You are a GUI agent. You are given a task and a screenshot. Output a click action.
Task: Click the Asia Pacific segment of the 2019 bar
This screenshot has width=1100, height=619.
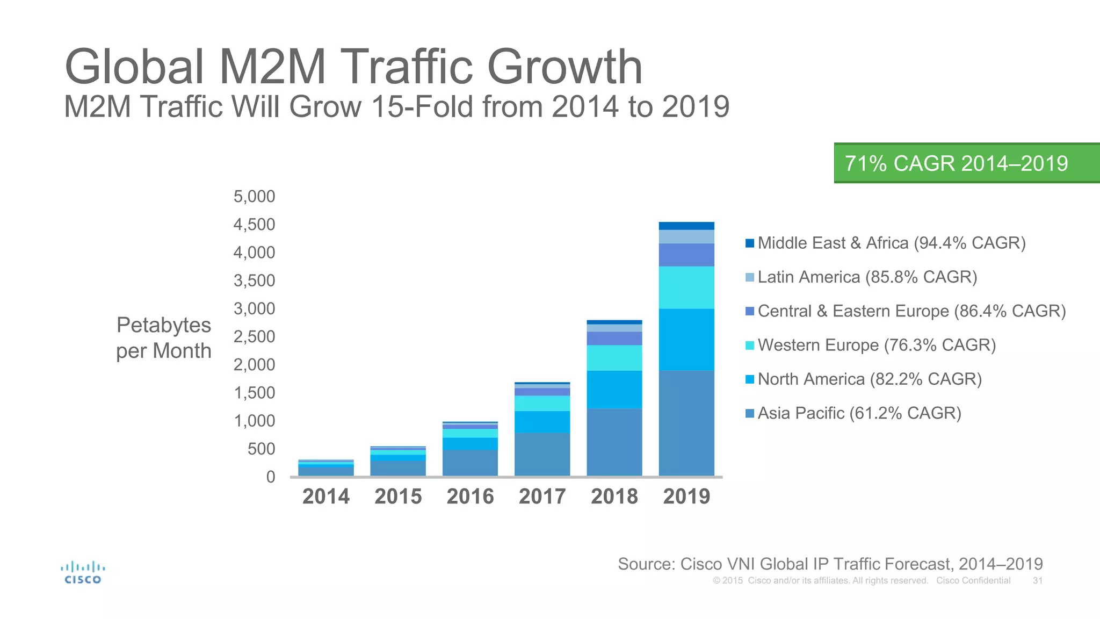686,423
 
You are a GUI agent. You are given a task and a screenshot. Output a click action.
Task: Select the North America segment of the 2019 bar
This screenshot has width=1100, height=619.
686,340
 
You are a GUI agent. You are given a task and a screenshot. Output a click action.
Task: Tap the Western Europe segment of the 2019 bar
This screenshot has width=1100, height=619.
686,287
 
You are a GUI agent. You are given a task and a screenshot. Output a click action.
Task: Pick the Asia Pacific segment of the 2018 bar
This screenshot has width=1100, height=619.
614,442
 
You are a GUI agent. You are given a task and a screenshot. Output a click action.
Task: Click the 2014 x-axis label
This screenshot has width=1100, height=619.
326,496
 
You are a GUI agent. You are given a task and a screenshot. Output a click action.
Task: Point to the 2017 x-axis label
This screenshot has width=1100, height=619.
542,496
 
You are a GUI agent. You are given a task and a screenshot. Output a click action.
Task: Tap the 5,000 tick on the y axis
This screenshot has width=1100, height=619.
254,197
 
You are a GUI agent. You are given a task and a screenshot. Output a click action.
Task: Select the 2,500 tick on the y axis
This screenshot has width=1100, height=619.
254,337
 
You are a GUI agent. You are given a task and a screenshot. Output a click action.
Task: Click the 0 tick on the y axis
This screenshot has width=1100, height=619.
270,477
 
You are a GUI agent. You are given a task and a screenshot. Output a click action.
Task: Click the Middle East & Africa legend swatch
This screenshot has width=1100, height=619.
750,243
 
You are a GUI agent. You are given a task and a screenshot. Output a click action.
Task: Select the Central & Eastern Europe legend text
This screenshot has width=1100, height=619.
911,311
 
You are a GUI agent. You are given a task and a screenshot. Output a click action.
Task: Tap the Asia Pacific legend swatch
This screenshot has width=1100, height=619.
750,413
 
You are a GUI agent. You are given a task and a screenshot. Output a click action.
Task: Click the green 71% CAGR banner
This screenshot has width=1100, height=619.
966,163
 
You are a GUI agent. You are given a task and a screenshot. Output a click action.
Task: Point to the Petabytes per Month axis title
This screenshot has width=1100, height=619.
164,338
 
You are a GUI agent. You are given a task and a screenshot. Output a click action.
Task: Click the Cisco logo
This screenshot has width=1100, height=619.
83,573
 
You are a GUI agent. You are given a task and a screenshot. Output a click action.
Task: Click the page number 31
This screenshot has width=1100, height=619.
1038,581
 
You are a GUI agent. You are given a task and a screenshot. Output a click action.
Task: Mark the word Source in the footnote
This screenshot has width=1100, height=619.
647,564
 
